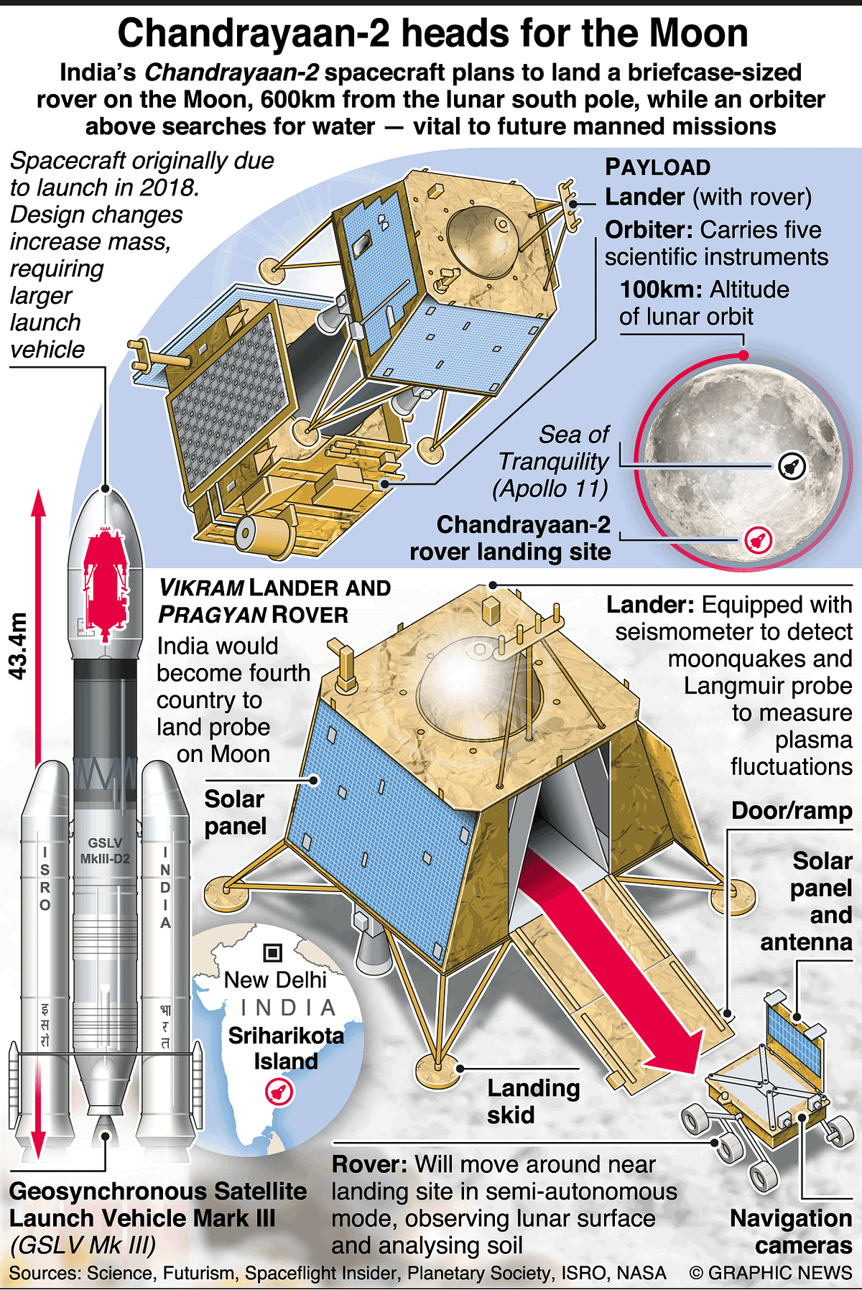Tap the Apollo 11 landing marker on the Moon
(792, 465)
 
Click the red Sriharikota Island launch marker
(279, 1092)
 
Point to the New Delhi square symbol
(273, 952)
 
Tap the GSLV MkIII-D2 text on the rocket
(105, 850)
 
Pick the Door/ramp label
(792, 811)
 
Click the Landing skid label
(532, 1101)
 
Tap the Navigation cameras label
(791, 1231)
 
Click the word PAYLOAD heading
(657, 167)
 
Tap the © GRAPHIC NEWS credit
(770, 1273)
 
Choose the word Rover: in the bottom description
(370, 1164)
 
